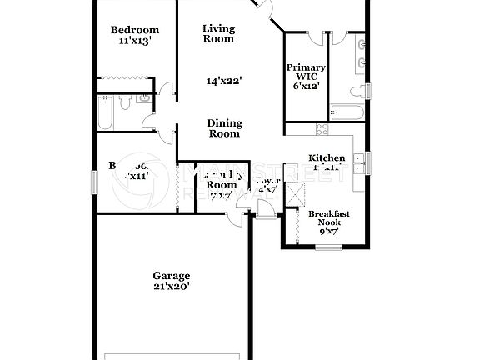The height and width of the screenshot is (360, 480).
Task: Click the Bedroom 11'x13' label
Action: (x=135, y=35)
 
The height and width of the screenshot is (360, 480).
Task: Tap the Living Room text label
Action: (x=219, y=33)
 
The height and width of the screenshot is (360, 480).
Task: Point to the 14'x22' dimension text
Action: (x=224, y=81)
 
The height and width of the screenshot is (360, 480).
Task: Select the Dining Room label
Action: (x=223, y=128)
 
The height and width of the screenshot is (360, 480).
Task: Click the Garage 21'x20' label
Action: (x=171, y=281)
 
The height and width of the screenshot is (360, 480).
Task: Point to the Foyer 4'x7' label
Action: (x=267, y=184)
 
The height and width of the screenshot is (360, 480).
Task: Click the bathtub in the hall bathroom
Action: (x=105, y=112)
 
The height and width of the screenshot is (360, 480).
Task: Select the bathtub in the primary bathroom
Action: (x=345, y=112)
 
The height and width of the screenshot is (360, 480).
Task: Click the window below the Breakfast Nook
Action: (x=330, y=247)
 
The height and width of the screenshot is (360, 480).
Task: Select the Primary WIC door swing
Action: (x=316, y=37)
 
